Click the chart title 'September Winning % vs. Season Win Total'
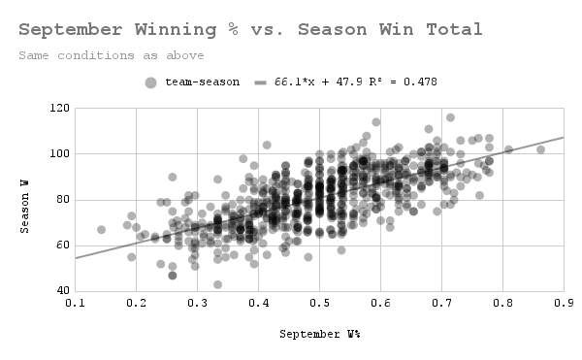tap(250, 29)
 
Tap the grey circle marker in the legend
tap(150, 82)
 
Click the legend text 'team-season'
tap(202, 82)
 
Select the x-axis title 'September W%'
tap(319, 334)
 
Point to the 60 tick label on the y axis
tap(58, 245)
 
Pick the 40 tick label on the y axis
tap(58, 291)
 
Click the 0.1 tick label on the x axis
tap(75, 304)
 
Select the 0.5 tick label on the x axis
tap(319, 304)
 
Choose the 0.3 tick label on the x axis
tap(197, 304)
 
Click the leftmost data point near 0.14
tap(101, 230)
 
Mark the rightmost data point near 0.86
tap(540, 149)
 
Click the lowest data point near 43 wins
tap(217, 284)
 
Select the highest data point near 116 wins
tap(450, 117)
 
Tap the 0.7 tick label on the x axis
tap(441, 304)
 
